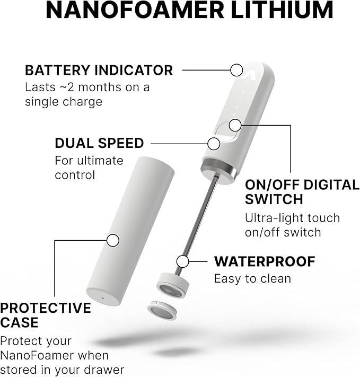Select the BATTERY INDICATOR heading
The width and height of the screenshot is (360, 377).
coord(99,70)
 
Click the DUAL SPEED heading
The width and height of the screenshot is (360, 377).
coord(99,143)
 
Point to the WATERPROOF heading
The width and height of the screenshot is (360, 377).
coord(265,261)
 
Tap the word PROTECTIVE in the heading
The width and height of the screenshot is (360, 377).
coord(46,308)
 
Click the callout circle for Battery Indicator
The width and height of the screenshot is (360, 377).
coord(236,69)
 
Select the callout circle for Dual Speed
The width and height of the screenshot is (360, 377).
coord(214,143)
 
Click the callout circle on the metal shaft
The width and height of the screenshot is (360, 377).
coord(183,261)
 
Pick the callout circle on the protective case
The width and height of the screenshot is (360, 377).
coord(112,240)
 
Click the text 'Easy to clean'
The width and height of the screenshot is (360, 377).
coord(252,278)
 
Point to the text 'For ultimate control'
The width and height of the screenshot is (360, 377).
coord(89,167)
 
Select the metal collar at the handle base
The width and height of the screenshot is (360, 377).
coord(217,172)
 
